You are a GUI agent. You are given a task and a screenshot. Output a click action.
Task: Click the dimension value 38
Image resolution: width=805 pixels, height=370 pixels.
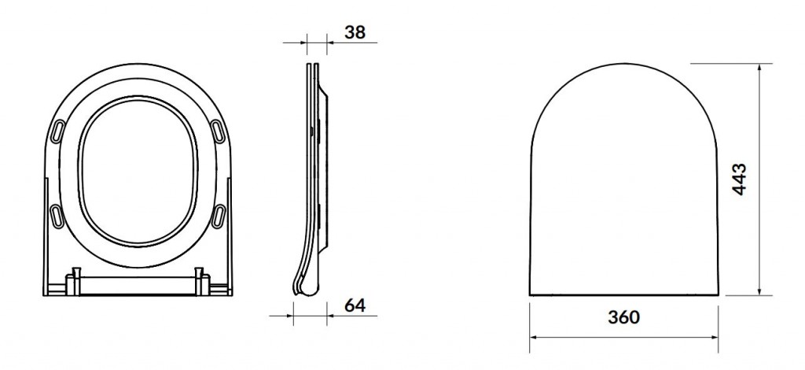point(355,32)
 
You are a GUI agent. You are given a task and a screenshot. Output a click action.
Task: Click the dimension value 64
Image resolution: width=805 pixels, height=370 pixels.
point(355,305)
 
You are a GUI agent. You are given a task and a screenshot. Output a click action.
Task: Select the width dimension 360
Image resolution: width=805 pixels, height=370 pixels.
point(623,317)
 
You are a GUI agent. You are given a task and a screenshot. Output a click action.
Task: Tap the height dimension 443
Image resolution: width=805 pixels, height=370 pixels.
point(739,179)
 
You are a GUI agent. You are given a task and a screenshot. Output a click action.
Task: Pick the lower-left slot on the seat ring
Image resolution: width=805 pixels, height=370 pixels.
point(57,214)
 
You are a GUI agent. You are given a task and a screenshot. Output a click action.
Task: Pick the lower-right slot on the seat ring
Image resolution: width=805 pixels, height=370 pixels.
point(219,214)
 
